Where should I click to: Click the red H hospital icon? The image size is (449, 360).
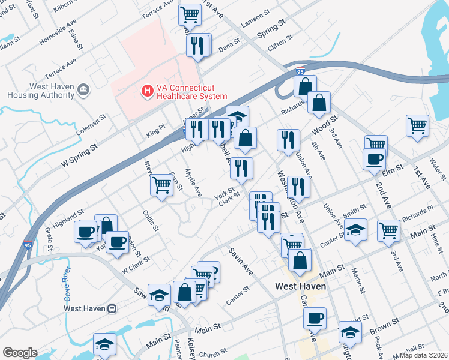[146, 91]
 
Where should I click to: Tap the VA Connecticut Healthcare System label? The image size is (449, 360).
[191, 91]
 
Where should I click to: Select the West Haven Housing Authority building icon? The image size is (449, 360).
[84, 91]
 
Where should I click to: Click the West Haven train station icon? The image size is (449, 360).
[111, 308]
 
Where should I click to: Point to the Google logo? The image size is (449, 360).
[20, 352]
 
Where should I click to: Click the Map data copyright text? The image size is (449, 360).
[424, 355]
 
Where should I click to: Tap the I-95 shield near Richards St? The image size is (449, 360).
[300, 71]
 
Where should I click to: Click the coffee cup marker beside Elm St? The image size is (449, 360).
[374, 159]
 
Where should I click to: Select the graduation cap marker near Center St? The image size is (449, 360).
[355, 229]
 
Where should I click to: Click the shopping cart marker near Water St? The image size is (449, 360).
[417, 126]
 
